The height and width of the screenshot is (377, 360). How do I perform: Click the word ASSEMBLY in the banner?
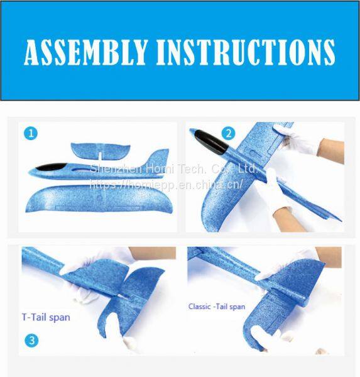(85, 52)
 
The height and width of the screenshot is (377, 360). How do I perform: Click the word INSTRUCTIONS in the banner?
(246, 52)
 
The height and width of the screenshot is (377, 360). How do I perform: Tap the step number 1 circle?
(31, 133)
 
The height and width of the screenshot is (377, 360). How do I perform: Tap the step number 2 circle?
(228, 133)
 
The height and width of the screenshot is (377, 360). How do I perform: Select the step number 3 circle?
(31, 340)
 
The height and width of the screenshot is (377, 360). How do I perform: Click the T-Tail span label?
(46, 317)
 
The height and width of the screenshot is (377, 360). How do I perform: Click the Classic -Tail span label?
(217, 307)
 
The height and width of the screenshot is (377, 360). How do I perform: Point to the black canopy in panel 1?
(51, 167)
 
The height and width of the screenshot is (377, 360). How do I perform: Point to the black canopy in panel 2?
(211, 143)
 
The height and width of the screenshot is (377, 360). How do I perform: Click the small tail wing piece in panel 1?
(101, 151)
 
